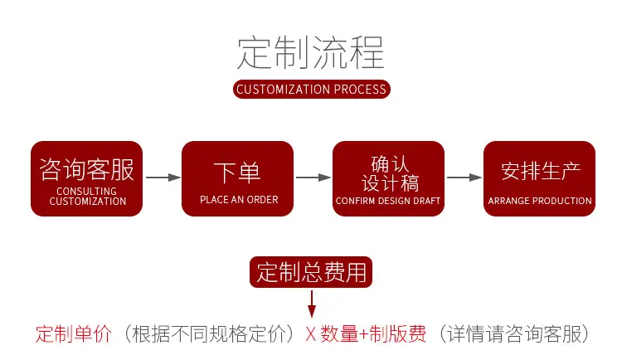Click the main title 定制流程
pos(311,52)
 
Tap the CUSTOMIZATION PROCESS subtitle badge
pos(311,90)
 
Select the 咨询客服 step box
pos(86,178)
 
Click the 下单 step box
pos(238,178)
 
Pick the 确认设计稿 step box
pos(388,178)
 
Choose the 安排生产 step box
pos(540,178)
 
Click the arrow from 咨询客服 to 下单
pos(163,178)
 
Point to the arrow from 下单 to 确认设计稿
pos(313,178)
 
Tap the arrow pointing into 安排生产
pos(464,178)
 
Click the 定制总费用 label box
pos(311,272)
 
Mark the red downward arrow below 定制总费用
pos(312,304)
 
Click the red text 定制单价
pos(74,333)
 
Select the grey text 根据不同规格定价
pos(209,333)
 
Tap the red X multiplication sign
pos(311,334)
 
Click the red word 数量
pos(339,333)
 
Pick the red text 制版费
pos(397,333)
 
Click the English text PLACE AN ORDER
pos(239,200)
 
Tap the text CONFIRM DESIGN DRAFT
pos(388,201)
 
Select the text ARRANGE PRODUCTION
pos(540,201)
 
